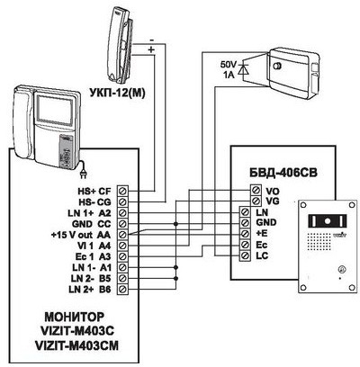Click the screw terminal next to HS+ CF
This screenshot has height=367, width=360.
click(x=122, y=191)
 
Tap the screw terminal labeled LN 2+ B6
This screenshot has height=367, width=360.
click(x=122, y=290)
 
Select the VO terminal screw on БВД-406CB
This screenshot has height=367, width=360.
click(x=256, y=190)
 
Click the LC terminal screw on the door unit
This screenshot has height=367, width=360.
click(x=246, y=255)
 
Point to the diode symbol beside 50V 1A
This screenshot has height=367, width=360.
click(x=243, y=69)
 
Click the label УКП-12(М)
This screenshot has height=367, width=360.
click(x=117, y=94)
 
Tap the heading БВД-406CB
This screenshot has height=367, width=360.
click(x=283, y=173)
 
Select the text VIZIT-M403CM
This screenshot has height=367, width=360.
click(x=76, y=345)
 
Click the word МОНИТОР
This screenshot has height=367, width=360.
click(x=75, y=317)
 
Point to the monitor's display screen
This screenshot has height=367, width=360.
click(x=55, y=110)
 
